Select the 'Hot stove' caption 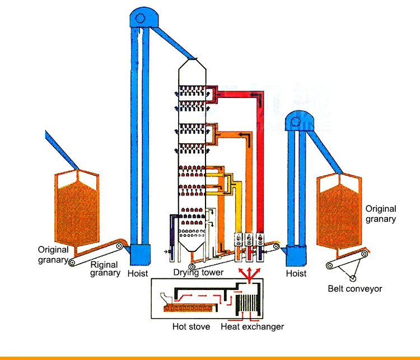click(191, 326)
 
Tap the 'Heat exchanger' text click(253, 326)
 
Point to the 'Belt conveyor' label click(355, 289)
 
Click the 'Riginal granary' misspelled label click(105, 269)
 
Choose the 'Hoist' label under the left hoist click(138, 274)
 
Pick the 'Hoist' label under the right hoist click(296, 274)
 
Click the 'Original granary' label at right click(381, 214)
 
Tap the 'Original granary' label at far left click(53, 255)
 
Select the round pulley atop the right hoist click(297, 121)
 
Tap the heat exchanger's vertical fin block click(248, 307)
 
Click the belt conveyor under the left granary click(95, 255)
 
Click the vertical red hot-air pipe click(260, 168)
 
